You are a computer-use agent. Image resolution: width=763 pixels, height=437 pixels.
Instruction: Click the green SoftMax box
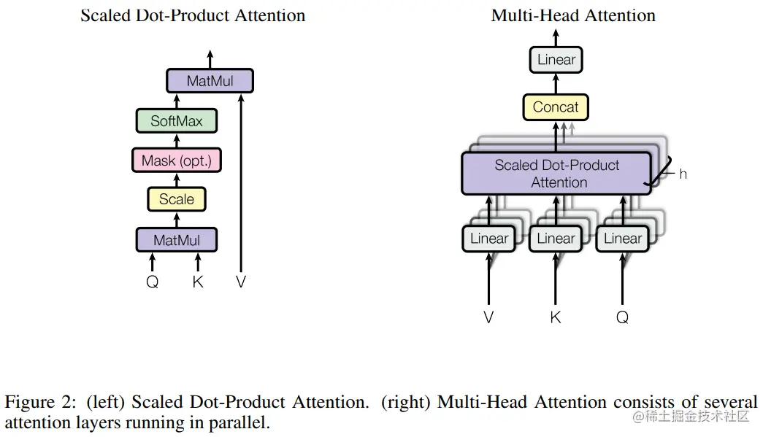(177, 121)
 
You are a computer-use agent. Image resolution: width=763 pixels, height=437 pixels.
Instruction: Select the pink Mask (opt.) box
(177, 161)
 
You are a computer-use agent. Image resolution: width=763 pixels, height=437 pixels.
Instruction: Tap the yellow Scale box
(177, 199)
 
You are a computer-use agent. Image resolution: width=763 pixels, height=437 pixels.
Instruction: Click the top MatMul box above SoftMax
(210, 81)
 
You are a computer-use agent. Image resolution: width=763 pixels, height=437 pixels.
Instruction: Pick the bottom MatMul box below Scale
(177, 240)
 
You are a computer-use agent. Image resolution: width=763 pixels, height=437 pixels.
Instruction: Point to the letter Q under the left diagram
(153, 282)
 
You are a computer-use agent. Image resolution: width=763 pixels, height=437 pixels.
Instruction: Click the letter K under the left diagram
(198, 282)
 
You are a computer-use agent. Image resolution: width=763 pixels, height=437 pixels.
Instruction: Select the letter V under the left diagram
(241, 282)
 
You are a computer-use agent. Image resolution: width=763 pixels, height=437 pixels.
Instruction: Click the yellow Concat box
(556, 107)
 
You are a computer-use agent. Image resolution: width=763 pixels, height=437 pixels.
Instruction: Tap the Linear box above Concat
(556, 60)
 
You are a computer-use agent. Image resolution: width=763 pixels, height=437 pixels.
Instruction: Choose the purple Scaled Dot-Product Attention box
(556, 174)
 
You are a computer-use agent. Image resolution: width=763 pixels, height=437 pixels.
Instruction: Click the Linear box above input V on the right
(488, 239)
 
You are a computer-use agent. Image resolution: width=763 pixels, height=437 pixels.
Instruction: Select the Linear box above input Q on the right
(622, 239)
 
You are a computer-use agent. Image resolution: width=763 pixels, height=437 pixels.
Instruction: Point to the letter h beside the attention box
(683, 174)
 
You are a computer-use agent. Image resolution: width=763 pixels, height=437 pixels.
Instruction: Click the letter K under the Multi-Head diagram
(556, 317)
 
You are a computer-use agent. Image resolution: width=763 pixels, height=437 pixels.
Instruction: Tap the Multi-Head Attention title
(573, 15)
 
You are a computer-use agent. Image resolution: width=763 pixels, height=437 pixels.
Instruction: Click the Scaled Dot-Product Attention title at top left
(193, 15)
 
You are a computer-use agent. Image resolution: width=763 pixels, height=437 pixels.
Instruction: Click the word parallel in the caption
(242, 422)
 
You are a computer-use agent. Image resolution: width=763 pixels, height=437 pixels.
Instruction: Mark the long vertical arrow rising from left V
(241, 182)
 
